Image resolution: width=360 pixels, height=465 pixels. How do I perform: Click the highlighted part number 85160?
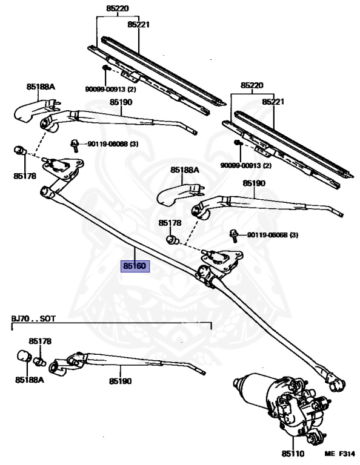coord(135,266)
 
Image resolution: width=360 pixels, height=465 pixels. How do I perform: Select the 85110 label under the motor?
coord(293,453)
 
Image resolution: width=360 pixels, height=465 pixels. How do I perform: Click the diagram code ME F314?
coord(339,453)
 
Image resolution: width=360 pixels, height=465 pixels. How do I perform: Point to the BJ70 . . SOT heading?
coord(33,319)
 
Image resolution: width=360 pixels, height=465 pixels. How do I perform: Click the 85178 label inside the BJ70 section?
coord(40,341)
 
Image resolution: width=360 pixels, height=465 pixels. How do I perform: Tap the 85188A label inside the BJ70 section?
coord(30,380)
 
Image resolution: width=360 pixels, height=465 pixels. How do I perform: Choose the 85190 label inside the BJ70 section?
coord(120,381)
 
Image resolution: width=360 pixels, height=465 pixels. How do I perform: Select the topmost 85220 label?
coord(118,8)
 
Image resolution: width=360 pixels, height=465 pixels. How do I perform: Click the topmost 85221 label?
coord(139,24)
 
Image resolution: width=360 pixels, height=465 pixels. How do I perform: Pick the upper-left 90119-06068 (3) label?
coord(113,144)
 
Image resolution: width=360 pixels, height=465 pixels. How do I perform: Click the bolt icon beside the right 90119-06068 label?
coord(234,236)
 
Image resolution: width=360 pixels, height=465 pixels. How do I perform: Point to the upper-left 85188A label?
coord(41,87)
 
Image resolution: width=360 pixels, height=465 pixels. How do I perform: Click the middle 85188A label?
coord(185,170)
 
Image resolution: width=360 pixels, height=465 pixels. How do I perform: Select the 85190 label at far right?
coord(254,183)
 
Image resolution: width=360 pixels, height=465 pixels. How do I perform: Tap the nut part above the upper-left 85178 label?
coord(20,151)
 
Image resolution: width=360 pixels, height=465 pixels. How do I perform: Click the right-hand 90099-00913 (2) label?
coord(245,165)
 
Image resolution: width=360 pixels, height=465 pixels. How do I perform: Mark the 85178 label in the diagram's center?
coord(170,223)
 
